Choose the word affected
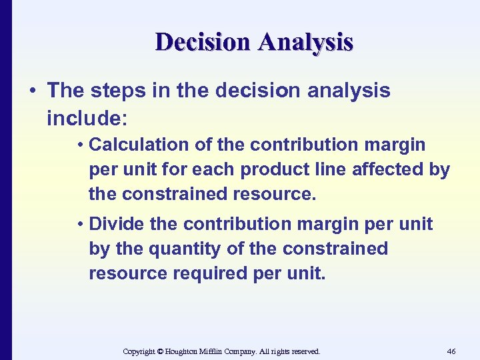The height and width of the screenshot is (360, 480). (389, 169)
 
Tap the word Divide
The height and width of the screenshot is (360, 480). (118, 224)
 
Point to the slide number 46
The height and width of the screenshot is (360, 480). (451, 351)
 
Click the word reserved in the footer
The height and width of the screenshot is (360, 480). (304, 351)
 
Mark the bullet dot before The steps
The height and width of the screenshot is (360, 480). (33, 91)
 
